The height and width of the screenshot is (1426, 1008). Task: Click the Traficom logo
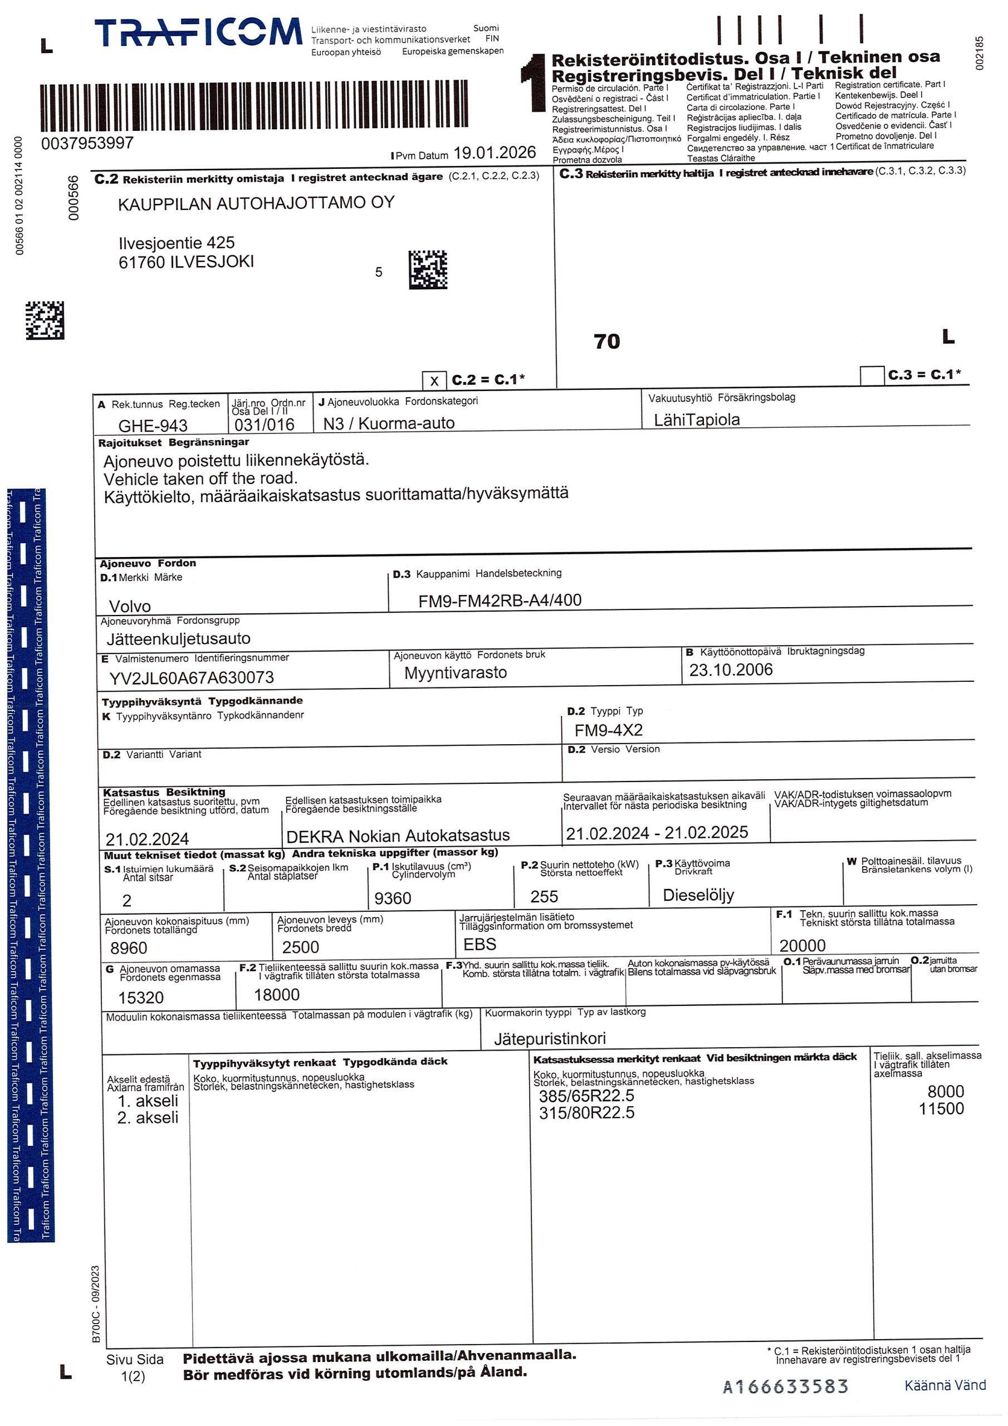[x=198, y=33]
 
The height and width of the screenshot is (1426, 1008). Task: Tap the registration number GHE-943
[x=153, y=426]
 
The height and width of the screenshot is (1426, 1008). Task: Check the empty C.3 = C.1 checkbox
[x=872, y=376]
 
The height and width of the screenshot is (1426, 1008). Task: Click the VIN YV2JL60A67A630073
[x=191, y=677]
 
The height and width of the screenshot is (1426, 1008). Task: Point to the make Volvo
[x=130, y=606]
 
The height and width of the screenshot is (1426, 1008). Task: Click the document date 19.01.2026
[x=495, y=153]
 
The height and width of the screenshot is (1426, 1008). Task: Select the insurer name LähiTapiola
[x=696, y=420]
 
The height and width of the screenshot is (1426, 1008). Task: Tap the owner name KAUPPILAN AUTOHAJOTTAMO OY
[x=256, y=203]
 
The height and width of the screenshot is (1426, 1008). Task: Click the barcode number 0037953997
[x=87, y=144]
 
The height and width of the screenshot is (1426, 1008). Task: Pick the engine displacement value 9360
[x=393, y=898]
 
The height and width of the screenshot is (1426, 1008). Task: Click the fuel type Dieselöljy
[x=698, y=895]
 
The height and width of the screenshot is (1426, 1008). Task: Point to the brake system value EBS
[x=479, y=945]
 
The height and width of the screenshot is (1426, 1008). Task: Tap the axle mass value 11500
[x=941, y=1108]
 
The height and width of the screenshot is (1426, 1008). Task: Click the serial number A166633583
[x=785, y=1386]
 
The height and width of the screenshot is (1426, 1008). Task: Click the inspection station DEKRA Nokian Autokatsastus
[x=398, y=836]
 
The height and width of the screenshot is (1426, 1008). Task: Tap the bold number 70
[x=607, y=341]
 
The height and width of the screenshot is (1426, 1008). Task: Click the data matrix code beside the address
[x=427, y=270]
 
